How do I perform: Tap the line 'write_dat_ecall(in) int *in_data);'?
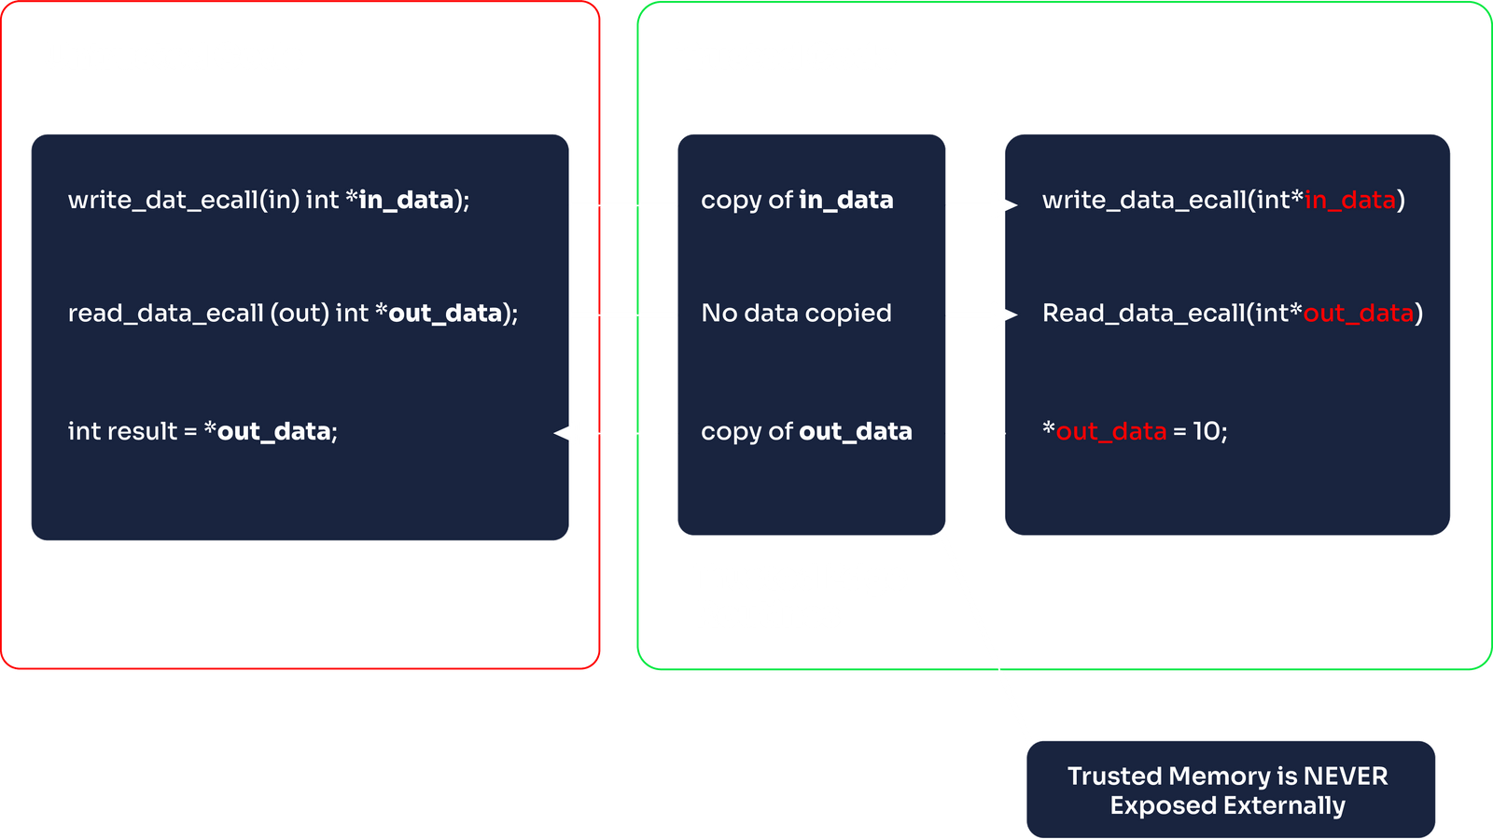point(269,200)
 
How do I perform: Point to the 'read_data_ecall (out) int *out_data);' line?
point(292,313)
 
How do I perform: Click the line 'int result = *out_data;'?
point(202,431)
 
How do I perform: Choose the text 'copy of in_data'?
point(797,200)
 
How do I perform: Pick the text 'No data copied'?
point(796,313)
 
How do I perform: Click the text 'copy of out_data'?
point(806,431)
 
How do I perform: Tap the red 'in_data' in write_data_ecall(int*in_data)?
point(1349,200)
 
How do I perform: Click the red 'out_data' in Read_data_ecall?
point(1358,313)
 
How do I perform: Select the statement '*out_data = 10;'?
point(1135,431)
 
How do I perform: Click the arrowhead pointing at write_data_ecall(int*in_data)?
point(1004,205)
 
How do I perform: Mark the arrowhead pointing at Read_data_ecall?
point(1004,315)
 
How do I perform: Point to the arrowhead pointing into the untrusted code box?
point(566,433)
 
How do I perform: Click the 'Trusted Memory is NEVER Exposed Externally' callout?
point(1228,790)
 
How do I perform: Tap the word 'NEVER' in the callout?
point(1345,776)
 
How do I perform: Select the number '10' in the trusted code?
point(1206,431)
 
